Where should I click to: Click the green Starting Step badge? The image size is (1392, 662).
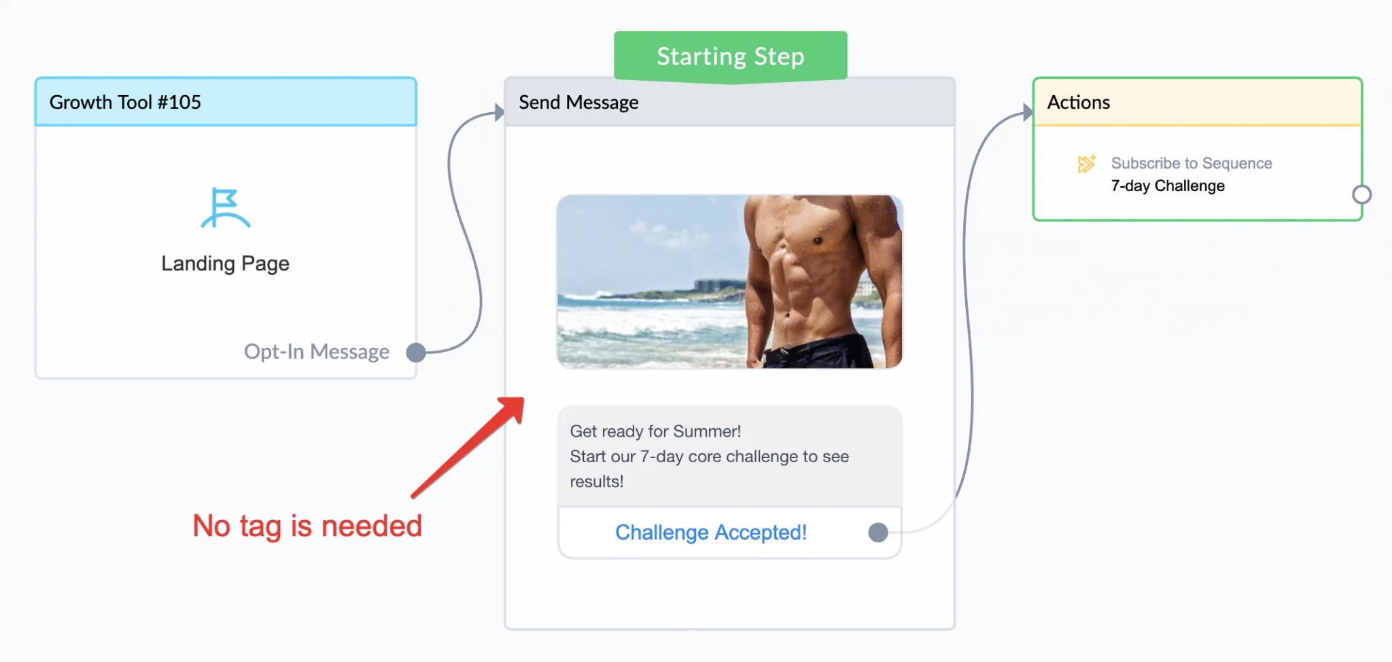[x=731, y=57]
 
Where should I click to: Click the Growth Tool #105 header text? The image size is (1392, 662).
[x=125, y=102]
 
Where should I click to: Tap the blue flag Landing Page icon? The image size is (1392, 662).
[x=226, y=207]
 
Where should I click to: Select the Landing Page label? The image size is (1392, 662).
[x=225, y=264]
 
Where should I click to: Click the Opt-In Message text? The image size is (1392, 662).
[x=317, y=352]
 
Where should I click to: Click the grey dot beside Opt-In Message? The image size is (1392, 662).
[x=416, y=353]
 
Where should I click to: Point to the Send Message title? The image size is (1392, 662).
[x=578, y=102]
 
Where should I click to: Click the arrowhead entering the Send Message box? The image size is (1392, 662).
[x=500, y=112]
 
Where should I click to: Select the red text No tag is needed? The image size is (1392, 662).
[x=307, y=526]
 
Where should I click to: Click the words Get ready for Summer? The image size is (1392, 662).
[x=655, y=431]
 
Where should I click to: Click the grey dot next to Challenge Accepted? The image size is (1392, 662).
[x=878, y=532]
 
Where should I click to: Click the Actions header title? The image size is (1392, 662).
[x=1079, y=102]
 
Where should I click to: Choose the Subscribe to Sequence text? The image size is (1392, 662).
[x=1191, y=163]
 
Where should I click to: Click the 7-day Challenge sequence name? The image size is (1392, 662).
[x=1168, y=186]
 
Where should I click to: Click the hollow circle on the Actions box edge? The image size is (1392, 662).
[x=1361, y=195]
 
